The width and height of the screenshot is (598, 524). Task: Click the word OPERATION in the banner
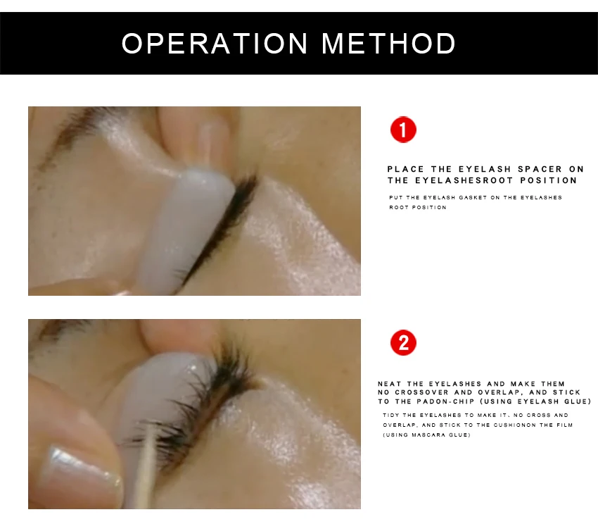pyautogui.click(x=215, y=43)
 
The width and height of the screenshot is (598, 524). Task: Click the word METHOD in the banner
pyautogui.click(x=388, y=43)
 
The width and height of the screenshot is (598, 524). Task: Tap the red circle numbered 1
pyautogui.click(x=403, y=130)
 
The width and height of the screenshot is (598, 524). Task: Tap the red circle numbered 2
pyautogui.click(x=403, y=342)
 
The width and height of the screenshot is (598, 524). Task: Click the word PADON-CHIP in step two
pyautogui.click(x=445, y=401)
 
